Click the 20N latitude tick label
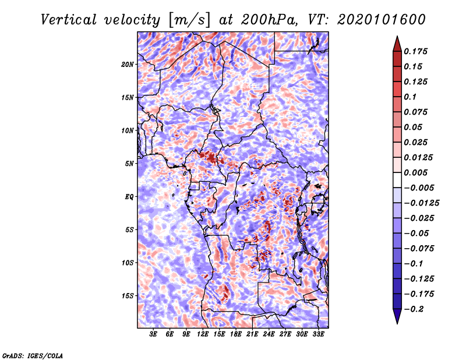(x=128, y=64)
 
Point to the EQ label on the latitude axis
(x=129, y=197)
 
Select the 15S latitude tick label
(x=128, y=296)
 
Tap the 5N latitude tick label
(x=129, y=164)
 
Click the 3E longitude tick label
(x=154, y=335)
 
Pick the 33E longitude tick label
(x=318, y=335)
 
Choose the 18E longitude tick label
(x=235, y=335)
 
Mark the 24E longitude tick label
(x=269, y=335)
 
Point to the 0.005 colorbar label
(x=417, y=172)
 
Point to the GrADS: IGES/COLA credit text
(x=33, y=355)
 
